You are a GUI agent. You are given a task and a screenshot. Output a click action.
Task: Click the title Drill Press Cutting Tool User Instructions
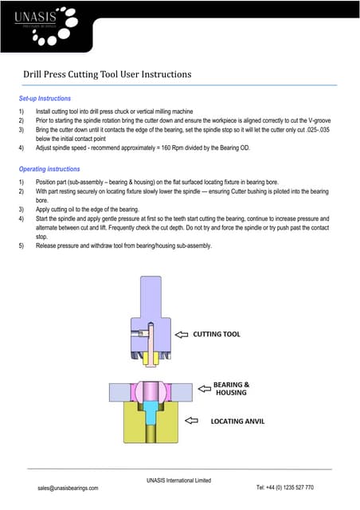107,74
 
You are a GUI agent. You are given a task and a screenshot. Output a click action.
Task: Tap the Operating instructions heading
49,169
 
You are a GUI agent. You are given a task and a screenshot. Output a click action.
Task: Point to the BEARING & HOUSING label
232,388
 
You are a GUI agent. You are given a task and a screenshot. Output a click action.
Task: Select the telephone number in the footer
285,487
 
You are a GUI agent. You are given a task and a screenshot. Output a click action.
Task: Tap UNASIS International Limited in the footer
178,480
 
